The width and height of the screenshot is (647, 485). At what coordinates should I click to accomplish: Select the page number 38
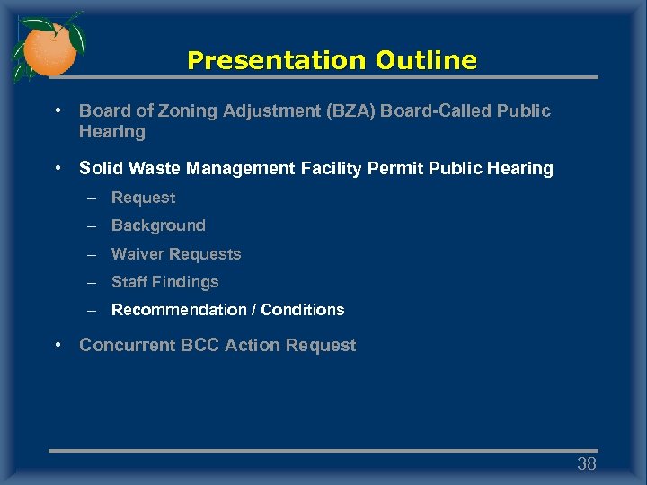[x=586, y=464]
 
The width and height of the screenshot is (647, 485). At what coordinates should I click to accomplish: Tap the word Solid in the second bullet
[x=100, y=168]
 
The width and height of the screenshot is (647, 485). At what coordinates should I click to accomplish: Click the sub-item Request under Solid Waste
[x=143, y=198]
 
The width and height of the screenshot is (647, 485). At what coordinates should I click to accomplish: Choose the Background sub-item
[x=158, y=225]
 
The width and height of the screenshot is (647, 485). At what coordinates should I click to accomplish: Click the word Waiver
[x=137, y=254]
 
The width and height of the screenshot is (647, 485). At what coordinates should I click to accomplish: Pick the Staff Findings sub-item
[x=164, y=282]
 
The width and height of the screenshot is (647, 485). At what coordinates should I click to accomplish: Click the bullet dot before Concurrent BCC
[x=58, y=346]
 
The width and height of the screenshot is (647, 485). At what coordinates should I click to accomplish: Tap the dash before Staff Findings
[x=92, y=282]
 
